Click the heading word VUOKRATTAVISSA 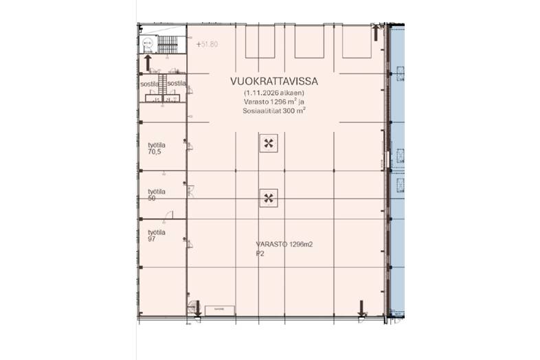pyautogui.click(x=275, y=80)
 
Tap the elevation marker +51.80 pyautogui.click(x=207, y=44)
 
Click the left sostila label pyautogui.click(x=149, y=83)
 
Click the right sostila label pyautogui.click(x=177, y=83)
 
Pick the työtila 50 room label pyautogui.click(x=157, y=194)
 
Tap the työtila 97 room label pyautogui.click(x=157, y=236)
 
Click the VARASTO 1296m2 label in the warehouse pyautogui.click(x=284, y=245)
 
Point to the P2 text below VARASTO pyautogui.click(x=260, y=253)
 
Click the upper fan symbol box pyautogui.click(x=268, y=144)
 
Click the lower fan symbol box pyautogui.click(x=268, y=199)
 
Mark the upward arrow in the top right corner pyautogui.click(x=375, y=32)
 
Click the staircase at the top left pyautogui.click(x=168, y=45)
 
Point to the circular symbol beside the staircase pyautogui.click(x=148, y=45)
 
